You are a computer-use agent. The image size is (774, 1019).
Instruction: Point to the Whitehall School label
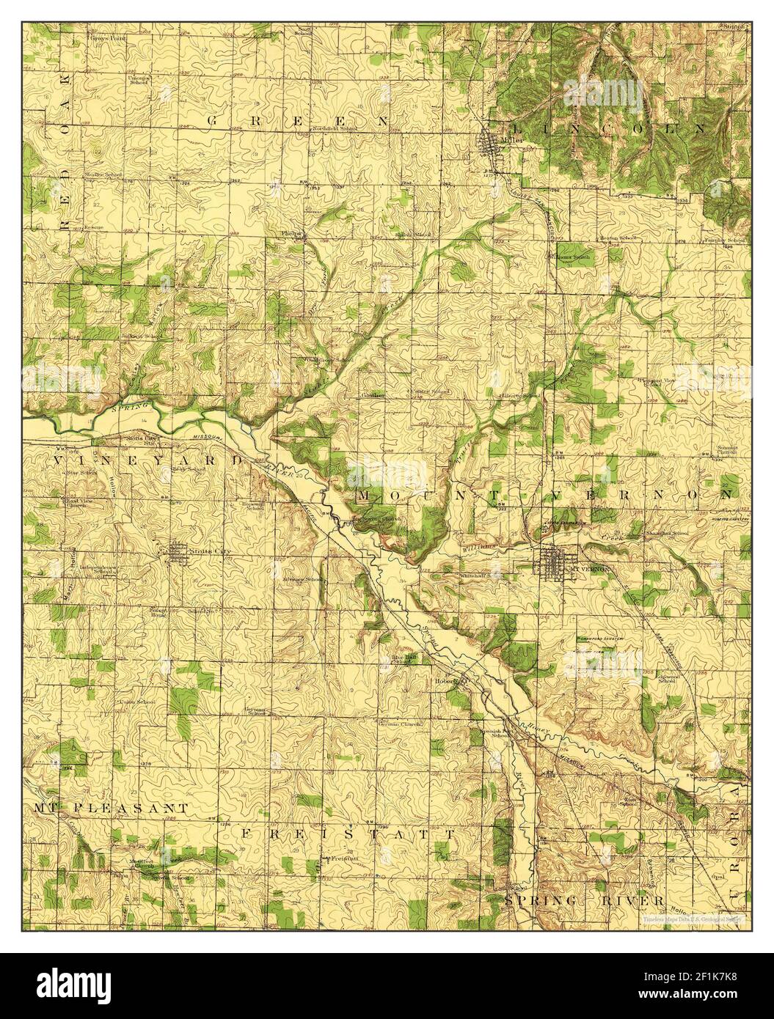483,576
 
